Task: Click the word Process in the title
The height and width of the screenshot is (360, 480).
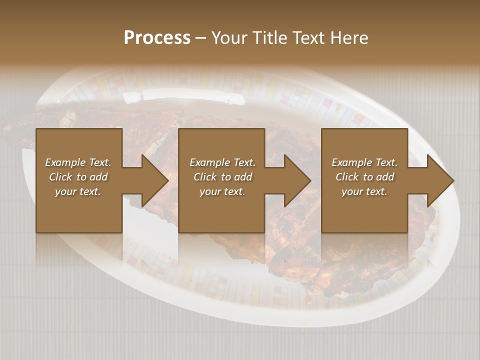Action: pyautogui.click(x=157, y=37)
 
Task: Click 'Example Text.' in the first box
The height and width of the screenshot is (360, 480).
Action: pyautogui.click(x=78, y=162)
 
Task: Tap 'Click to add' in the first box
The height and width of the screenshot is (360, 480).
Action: pyautogui.click(x=78, y=177)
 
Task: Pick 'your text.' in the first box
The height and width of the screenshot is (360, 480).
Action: pyautogui.click(x=78, y=191)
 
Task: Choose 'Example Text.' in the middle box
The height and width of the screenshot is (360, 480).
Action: pyautogui.click(x=222, y=162)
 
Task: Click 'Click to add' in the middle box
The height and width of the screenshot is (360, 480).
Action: pyautogui.click(x=222, y=177)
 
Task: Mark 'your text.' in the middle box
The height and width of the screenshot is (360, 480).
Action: pyautogui.click(x=222, y=191)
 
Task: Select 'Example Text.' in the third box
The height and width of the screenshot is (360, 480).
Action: pyautogui.click(x=364, y=162)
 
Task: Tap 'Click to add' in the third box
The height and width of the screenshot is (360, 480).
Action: pyautogui.click(x=364, y=177)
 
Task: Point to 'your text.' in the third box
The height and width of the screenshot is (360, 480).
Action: pyautogui.click(x=364, y=191)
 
